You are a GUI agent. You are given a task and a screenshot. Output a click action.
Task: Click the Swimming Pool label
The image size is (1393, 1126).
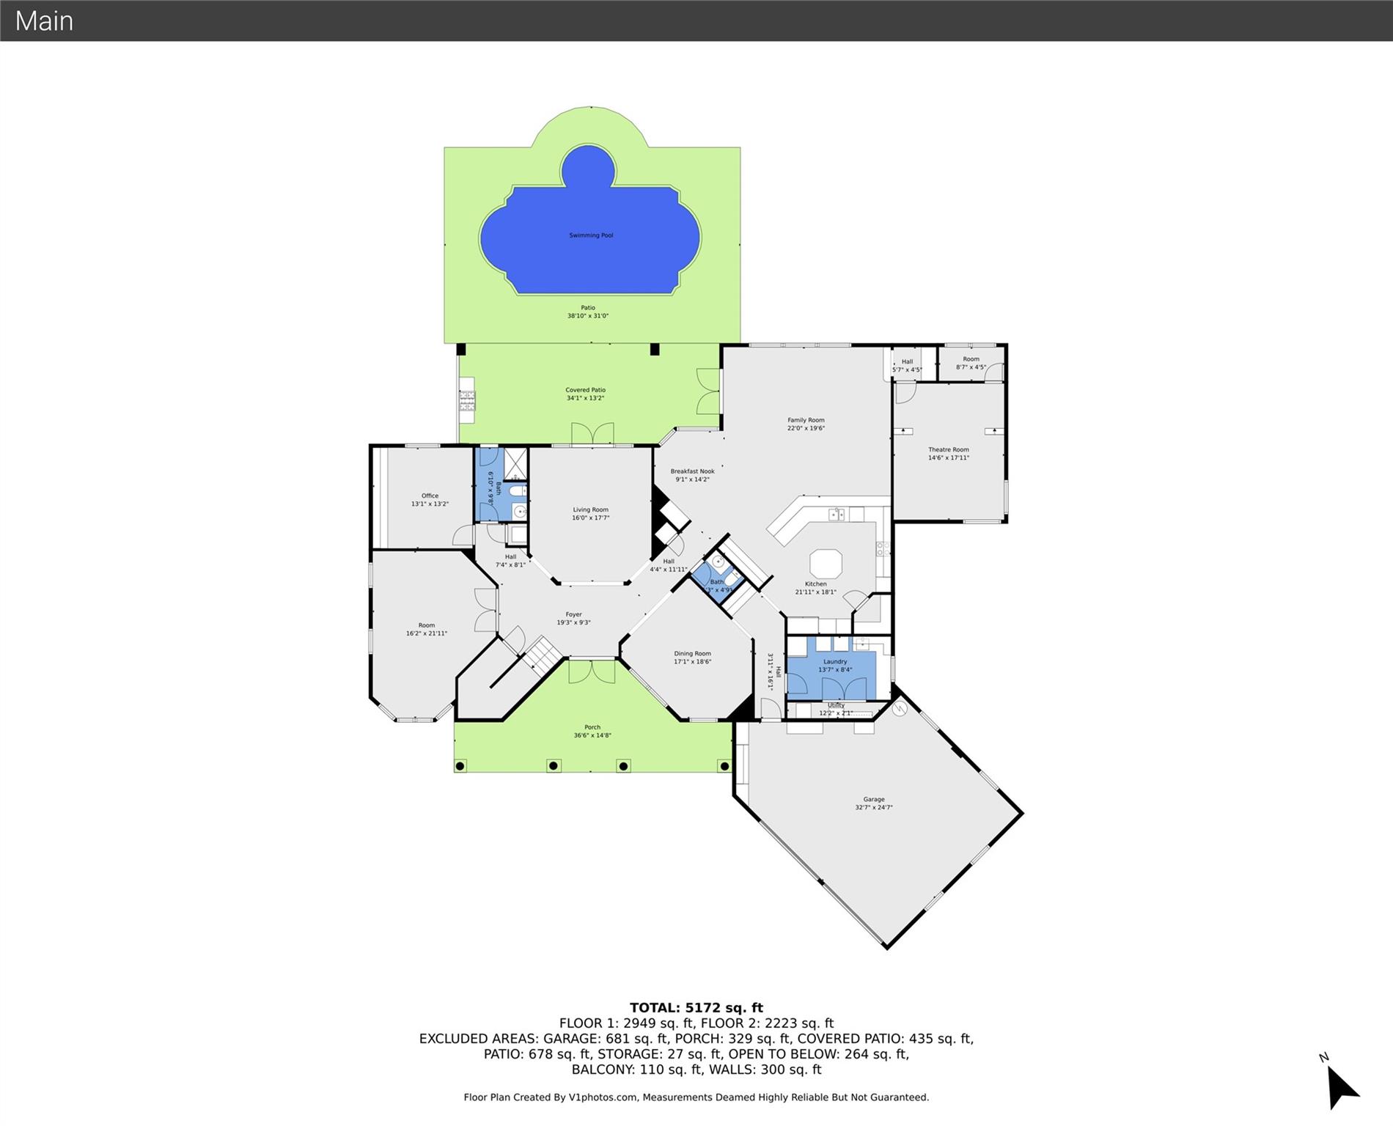pos(591,235)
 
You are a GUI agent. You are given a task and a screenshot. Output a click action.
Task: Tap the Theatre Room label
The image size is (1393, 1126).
pos(949,450)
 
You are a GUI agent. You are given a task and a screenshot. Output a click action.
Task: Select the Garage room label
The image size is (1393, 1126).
pos(873,800)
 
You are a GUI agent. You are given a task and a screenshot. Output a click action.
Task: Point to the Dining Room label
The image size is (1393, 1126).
pos(692,654)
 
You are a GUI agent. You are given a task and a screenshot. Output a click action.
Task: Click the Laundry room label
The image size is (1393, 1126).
pos(835,662)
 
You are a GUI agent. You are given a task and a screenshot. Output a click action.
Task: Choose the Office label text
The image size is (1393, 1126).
pos(430,496)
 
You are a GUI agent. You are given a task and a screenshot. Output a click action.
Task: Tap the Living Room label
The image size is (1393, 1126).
pos(590,510)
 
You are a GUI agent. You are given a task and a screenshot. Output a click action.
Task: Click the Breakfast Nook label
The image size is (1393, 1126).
pos(692,472)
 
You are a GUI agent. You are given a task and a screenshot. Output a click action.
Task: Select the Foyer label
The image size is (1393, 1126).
pos(573,615)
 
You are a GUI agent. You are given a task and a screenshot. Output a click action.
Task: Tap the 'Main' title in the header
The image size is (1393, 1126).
pos(44,21)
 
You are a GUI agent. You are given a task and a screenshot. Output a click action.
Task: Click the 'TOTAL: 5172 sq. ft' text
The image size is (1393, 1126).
pos(696,1008)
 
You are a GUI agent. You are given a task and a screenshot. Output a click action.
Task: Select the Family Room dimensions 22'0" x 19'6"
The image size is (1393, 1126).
pos(806,429)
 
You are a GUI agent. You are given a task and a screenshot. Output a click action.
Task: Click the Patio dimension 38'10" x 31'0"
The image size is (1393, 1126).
pos(587,316)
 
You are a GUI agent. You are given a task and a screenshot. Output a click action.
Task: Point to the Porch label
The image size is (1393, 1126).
pos(592,728)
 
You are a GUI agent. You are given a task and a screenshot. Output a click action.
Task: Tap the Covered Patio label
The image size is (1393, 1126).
pos(585,390)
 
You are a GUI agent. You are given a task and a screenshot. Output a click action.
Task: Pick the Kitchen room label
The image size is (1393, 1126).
pos(815,584)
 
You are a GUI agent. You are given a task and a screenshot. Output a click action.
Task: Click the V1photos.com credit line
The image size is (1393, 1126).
pos(696,1097)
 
